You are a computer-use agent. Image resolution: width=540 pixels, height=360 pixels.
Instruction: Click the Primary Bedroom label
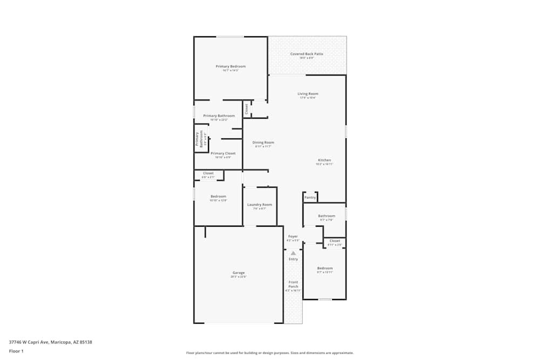coord(231,66)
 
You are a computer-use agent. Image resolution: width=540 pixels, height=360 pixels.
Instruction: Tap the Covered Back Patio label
coord(306,54)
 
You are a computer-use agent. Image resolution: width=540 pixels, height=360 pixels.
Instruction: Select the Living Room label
coord(308,94)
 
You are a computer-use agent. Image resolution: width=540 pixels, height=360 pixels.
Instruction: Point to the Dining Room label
coord(264,142)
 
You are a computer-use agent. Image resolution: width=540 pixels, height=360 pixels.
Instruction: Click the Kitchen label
coord(324,160)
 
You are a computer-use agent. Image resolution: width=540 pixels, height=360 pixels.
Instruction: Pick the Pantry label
coord(310,198)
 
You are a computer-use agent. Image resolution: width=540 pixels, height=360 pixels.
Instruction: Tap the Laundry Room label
coord(260,205)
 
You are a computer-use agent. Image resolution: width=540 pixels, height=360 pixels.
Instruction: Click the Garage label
coord(239,273)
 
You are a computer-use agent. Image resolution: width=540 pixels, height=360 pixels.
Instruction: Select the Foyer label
coord(293,236)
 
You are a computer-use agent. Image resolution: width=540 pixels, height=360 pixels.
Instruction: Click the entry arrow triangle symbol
coord(293,253)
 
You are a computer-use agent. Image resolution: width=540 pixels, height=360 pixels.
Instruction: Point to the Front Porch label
coord(293,284)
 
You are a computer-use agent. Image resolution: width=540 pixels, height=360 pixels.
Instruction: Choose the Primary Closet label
coord(223,153)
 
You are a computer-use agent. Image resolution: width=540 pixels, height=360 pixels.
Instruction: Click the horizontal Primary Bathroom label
coord(219,116)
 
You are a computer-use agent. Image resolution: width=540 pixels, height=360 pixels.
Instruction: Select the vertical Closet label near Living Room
coord(247,108)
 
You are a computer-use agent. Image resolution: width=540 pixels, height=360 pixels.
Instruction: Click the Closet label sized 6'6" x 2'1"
coord(208,173)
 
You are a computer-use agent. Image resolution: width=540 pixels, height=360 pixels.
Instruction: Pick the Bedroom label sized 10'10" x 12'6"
coord(218,196)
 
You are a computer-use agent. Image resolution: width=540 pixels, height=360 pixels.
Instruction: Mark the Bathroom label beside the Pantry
coord(327,216)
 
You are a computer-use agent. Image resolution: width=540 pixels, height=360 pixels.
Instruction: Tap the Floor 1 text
coord(16,351)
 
